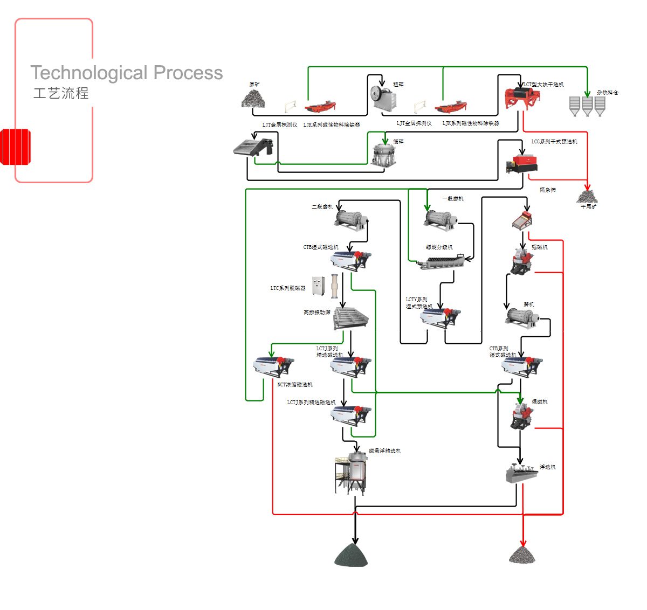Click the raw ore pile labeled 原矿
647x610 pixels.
pos(253,99)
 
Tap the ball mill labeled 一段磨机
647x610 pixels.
pos(441,218)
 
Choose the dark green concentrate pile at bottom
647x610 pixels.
pos(351,555)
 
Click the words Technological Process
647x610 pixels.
pos(126,72)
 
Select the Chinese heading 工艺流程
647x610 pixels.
pos(61,93)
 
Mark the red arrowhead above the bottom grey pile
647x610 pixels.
pos(522,543)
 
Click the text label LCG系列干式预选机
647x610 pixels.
pos(554,142)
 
